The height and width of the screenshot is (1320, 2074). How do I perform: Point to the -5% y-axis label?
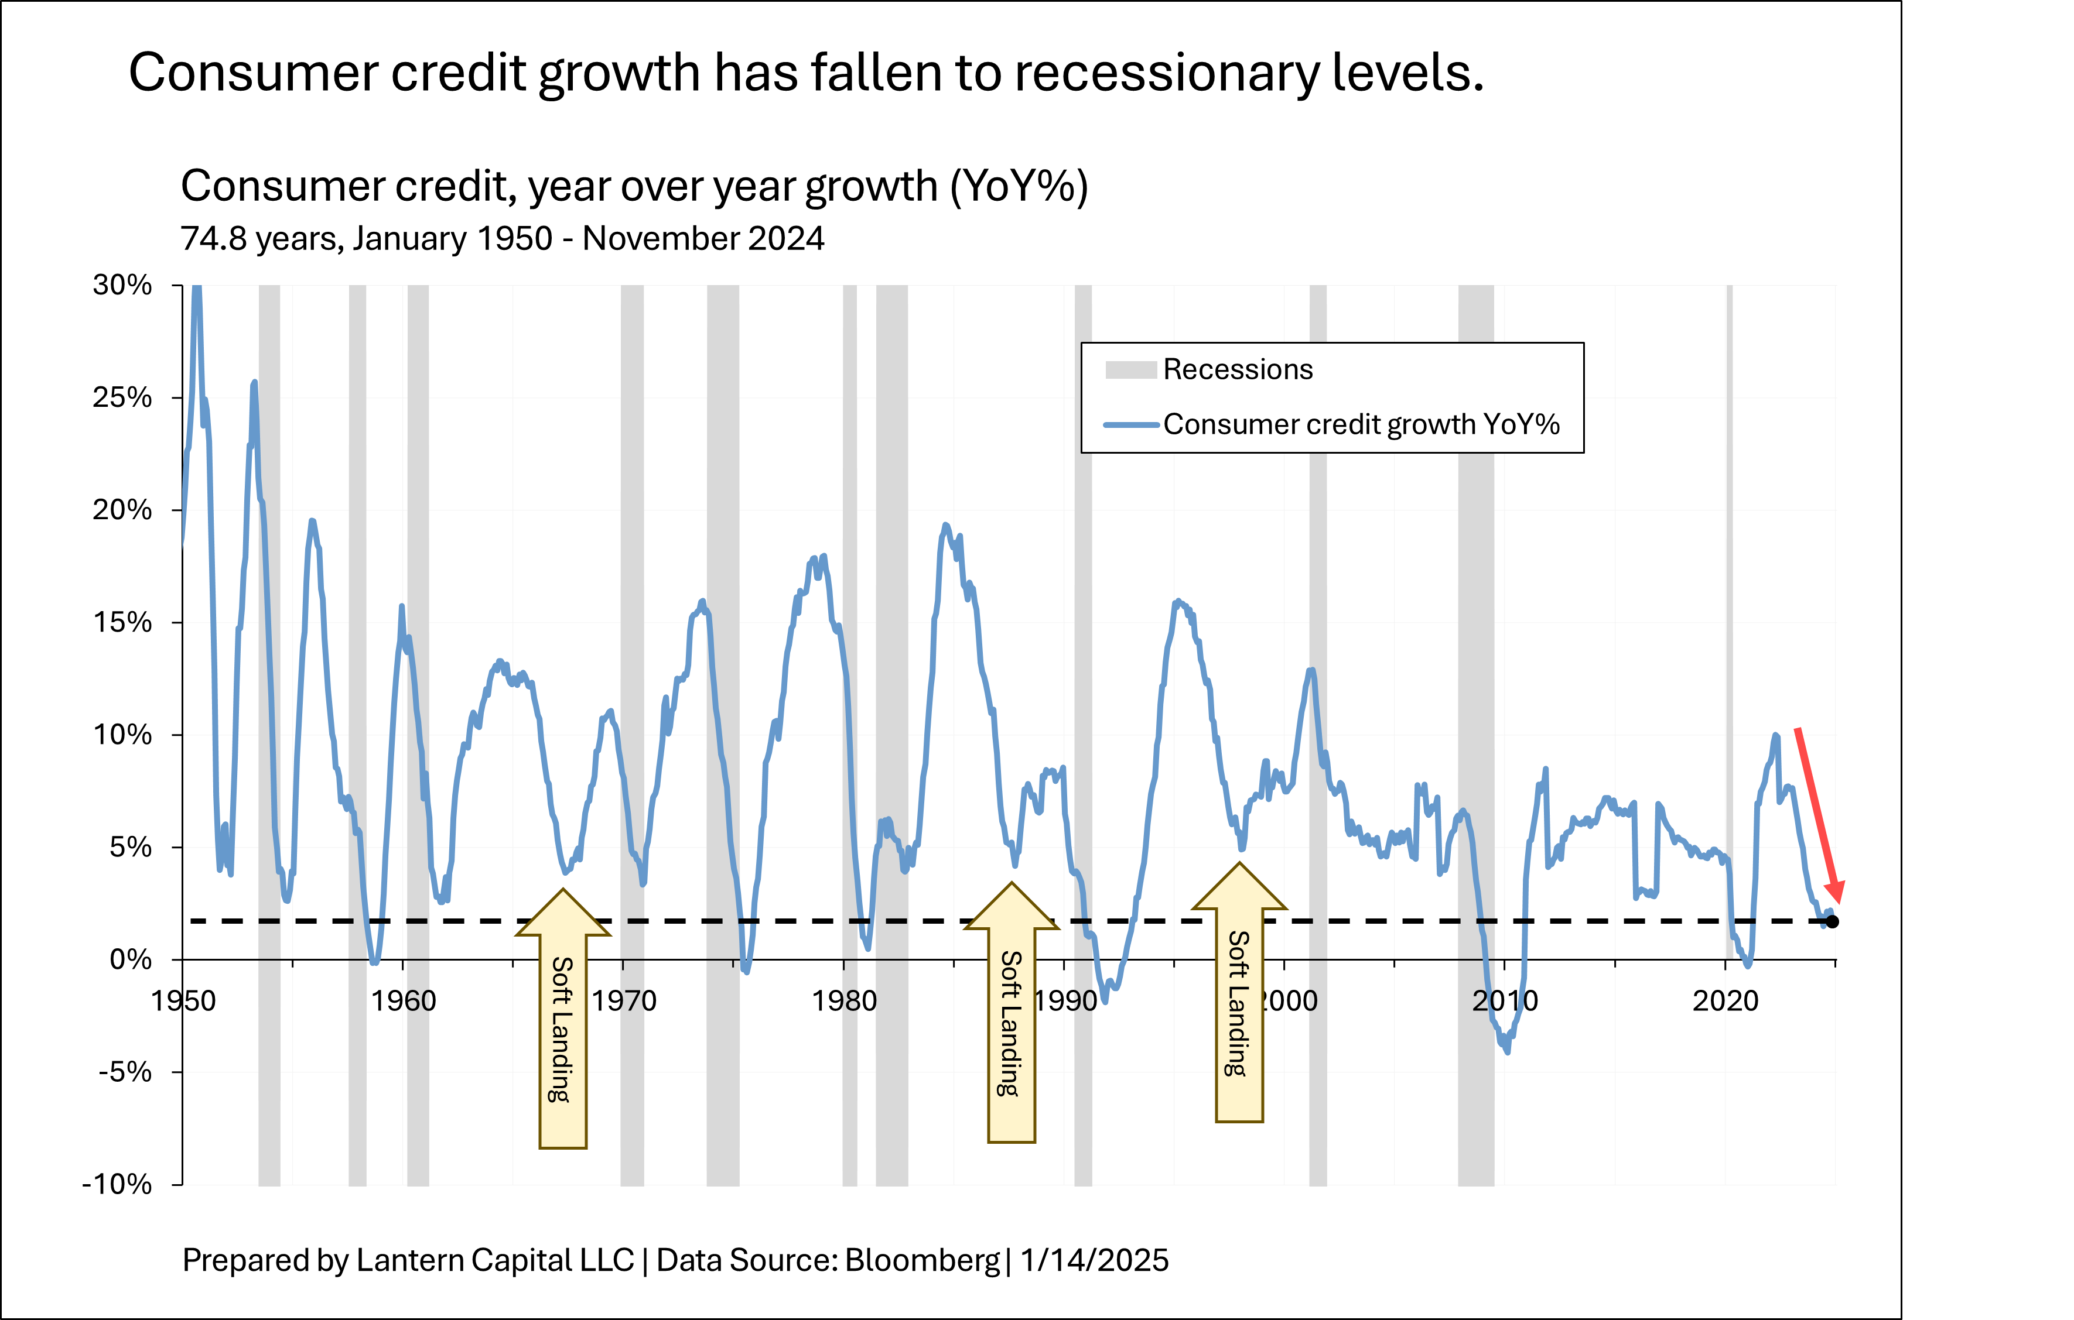pos(124,1072)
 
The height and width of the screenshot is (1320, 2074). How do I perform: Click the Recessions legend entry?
pos(1237,369)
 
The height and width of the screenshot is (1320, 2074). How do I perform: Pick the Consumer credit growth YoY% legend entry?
pos(1361,424)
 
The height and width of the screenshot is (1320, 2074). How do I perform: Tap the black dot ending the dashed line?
pos(1833,921)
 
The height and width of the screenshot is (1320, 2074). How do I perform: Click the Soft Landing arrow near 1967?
pos(562,1024)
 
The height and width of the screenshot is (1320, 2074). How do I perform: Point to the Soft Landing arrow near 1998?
pos(1239,999)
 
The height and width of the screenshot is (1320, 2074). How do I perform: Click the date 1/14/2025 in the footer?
pos(1094,1261)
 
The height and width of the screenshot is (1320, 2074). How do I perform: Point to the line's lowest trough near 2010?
pos(1507,1051)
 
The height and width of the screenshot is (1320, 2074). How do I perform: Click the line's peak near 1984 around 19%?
pos(945,524)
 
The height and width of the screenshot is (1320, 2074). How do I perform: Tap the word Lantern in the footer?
pos(411,1261)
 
